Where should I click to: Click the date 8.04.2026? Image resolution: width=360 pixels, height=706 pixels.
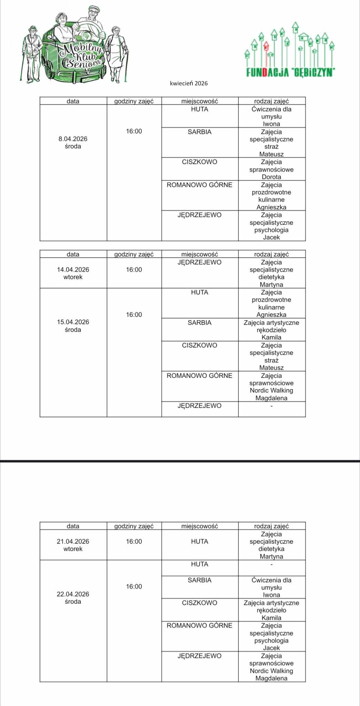coord(73,139)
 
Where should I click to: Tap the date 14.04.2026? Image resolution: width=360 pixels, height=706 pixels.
coord(73,270)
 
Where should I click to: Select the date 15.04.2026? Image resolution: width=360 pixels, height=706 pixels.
coord(73,322)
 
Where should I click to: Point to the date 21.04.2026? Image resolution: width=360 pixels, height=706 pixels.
coord(73,542)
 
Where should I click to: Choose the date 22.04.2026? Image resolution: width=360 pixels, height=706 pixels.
coord(73,594)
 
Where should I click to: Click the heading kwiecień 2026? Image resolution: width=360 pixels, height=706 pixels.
coord(189,83)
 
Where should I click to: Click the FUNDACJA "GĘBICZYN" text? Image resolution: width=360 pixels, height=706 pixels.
coord(291,72)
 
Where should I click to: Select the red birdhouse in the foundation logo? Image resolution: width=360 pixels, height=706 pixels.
coord(266,45)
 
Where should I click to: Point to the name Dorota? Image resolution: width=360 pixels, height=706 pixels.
coord(271,177)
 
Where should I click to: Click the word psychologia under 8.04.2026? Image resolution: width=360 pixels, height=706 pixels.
coord(271,230)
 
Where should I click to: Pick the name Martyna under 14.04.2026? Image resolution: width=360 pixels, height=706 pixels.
coord(271,284)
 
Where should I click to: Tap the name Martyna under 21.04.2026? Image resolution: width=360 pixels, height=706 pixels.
coord(271,556)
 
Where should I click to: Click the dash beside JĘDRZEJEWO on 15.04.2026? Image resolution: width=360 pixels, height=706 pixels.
coord(271,406)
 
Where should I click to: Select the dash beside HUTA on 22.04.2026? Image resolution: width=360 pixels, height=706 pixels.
coord(271,565)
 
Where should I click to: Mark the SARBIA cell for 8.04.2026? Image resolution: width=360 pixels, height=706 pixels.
coord(199,132)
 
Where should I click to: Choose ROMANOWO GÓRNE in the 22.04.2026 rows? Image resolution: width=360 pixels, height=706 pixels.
coord(199,626)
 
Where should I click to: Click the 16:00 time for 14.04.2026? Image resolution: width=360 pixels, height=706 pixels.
coord(134,270)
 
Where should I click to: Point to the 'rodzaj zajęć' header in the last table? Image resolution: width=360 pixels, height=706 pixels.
coord(271,526)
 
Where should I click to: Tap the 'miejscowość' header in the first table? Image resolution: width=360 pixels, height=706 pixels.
coord(200,101)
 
